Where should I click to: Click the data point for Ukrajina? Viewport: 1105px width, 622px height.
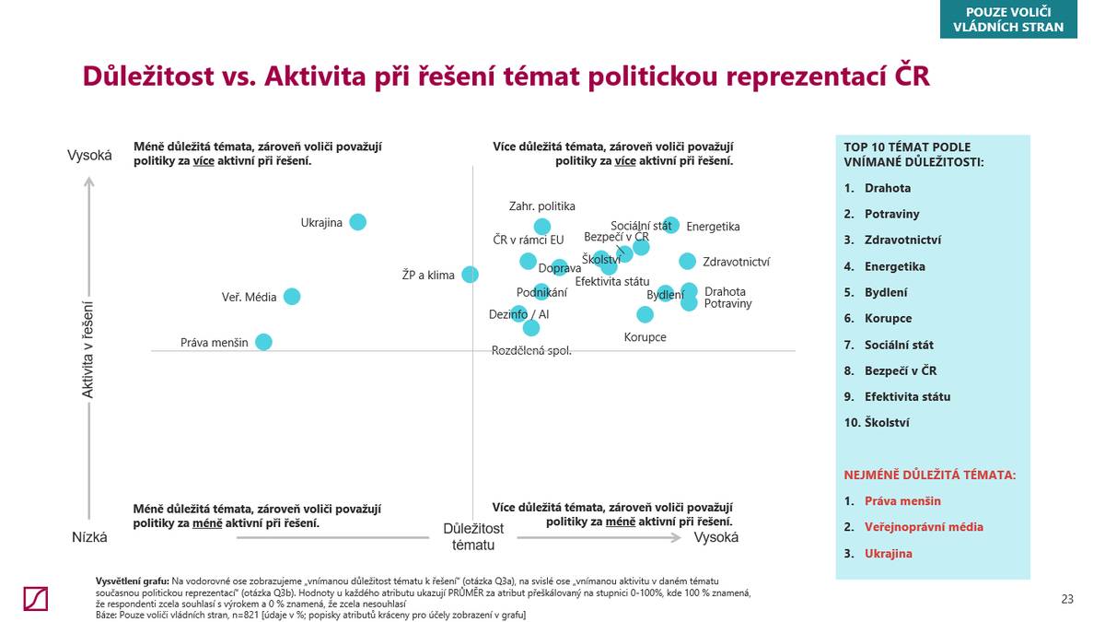pyautogui.click(x=357, y=222)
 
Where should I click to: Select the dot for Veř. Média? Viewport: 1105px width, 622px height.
pyautogui.click(x=292, y=296)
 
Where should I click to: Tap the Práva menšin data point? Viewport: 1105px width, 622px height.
pyautogui.click(x=263, y=342)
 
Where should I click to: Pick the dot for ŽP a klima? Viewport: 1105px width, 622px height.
pyautogui.click(x=470, y=274)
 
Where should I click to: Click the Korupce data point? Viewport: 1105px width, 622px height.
pyautogui.click(x=645, y=314)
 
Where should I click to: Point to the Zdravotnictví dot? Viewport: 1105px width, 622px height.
pyautogui.click(x=687, y=261)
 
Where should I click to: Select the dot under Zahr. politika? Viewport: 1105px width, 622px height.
pyautogui.click(x=542, y=227)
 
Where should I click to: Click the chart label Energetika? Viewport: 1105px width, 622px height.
pyautogui.click(x=713, y=227)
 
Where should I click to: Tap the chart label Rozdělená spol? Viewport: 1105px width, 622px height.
pyautogui.click(x=531, y=350)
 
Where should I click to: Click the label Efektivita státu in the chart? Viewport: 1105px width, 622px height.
pyautogui.click(x=612, y=281)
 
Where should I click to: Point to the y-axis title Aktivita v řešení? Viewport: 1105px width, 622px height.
pyautogui.click(x=88, y=349)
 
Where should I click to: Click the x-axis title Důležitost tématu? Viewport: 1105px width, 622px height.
pyautogui.click(x=473, y=536)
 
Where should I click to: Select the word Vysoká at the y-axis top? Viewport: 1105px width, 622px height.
pyautogui.click(x=89, y=155)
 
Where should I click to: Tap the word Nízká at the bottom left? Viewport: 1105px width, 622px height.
pyautogui.click(x=89, y=537)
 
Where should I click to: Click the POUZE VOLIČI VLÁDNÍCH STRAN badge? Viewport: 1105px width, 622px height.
pyautogui.click(x=1007, y=19)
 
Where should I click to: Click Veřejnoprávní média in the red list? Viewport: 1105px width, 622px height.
pyautogui.click(x=924, y=527)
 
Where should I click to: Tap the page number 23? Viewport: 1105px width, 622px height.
pyautogui.click(x=1067, y=599)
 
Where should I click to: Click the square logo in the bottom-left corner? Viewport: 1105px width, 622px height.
pyautogui.click(x=36, y=598)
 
